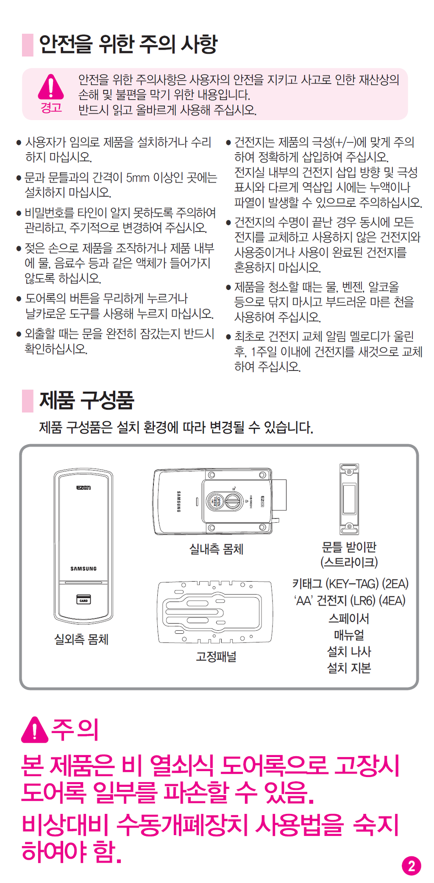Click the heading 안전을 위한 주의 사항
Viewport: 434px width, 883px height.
128,44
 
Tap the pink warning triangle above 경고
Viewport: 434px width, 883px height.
51,86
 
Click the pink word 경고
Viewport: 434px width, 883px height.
51,108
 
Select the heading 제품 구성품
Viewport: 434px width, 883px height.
86,400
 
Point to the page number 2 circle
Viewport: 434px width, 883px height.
411,866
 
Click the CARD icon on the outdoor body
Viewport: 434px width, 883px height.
83,600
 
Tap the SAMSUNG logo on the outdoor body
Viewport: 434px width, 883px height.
83,568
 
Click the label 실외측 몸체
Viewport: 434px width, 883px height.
81,639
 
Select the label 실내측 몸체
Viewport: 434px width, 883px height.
216,549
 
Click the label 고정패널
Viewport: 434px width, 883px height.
216,657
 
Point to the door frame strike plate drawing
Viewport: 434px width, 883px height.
349,499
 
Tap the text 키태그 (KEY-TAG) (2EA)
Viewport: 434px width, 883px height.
350,584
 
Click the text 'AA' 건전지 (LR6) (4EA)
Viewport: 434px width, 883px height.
350,601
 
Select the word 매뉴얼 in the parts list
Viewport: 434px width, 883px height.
349,635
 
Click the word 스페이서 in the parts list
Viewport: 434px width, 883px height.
349,618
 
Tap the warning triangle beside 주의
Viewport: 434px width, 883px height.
35,730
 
